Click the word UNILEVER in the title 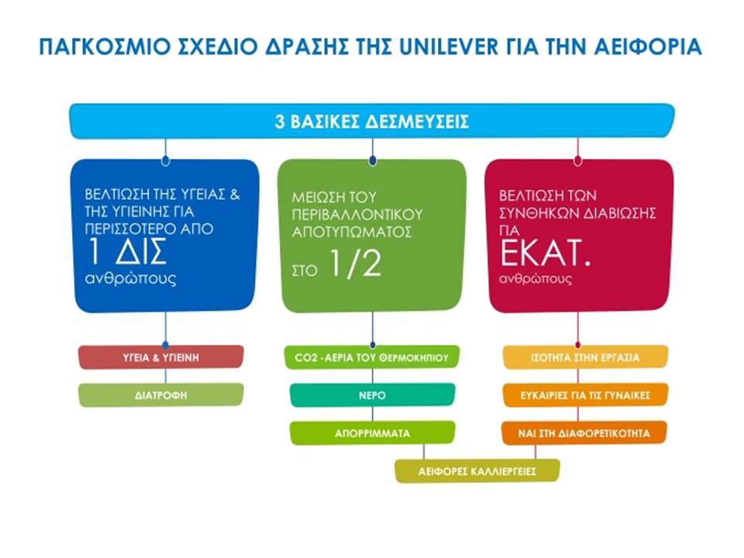[x=449, y=47]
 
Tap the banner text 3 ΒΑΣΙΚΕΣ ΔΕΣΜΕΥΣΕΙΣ [x=372, y=122]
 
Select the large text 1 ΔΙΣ [x=128, y=251]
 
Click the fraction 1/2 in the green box [x=355, y=263]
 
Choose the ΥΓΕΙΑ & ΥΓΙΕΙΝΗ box [x=161, y=357]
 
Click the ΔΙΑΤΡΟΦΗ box [x=161, y=394]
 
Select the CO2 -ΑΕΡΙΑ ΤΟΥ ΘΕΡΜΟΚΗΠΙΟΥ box [x=372, y=357]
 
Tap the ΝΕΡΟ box [x=373, y=395]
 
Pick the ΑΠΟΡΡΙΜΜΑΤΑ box [x=373, y=433]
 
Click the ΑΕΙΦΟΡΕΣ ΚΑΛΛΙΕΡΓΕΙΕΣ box [x=477, y=471]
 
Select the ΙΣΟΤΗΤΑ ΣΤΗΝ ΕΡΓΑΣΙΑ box [x=585, y=357]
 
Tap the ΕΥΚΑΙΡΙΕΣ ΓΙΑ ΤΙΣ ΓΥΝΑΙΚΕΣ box [x=585, y=395]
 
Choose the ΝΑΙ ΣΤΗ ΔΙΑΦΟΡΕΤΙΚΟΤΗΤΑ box [x=584, y=433]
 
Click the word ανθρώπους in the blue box [x=130, y=278]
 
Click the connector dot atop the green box [x=373, y=160]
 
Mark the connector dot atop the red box [x=577, y=160]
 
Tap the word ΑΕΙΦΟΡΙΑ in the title [x=648, y=47]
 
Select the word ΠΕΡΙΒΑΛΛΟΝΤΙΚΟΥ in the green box [x=356, y=215]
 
